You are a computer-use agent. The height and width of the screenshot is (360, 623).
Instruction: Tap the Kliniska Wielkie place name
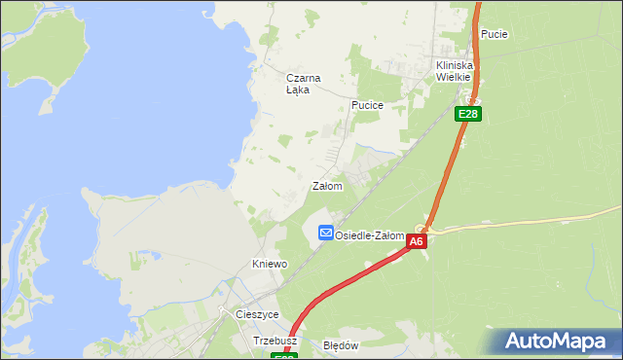[453, 71]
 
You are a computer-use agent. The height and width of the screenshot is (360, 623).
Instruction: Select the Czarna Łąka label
[303, 84]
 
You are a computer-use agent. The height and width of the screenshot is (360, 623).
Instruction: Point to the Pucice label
[367, 105]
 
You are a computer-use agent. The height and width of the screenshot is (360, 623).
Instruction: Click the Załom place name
[326, 186]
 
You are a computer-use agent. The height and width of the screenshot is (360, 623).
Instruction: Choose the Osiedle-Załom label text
[369, 235]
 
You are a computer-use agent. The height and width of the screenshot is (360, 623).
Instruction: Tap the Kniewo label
[270, 264]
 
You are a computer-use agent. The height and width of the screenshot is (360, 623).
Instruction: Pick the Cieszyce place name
[257, 315]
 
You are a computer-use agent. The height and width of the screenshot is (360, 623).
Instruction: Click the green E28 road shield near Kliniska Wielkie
[468, 114]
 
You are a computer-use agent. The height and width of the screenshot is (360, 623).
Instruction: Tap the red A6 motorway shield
[417, 241]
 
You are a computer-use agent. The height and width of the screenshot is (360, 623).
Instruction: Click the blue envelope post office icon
[325, 234]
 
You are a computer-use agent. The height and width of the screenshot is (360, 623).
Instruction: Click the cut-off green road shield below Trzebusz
[283, 356]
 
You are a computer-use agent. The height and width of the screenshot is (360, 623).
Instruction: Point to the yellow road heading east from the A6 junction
[526, 222]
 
